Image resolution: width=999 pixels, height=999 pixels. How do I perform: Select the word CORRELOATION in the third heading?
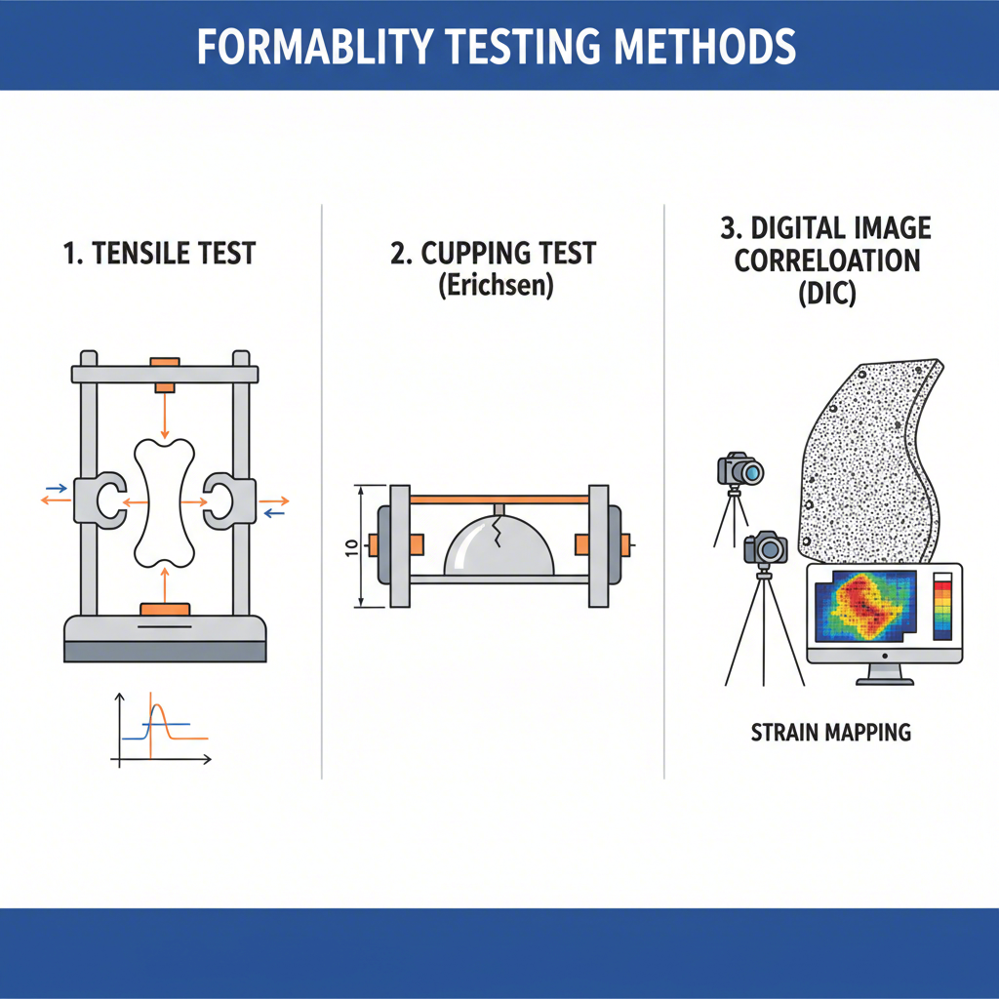pyautogui.click(x=827, y=261)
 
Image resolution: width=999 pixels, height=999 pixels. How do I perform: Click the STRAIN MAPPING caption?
pyautogui.click(x=831, y=732)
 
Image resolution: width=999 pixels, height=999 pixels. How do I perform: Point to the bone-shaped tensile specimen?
pyautogui.click(x=164, y=502)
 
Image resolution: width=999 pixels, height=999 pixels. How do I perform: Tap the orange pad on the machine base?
pyautogui.click(x=164, y=610)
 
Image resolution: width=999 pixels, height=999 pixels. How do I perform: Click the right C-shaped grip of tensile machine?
pyautogui.click(x=224, y=498)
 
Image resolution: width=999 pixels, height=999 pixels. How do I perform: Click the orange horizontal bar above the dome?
pyautogui.click(x=499, y=499)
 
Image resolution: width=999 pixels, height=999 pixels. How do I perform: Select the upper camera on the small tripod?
pyautogui.click(x=741, y=471)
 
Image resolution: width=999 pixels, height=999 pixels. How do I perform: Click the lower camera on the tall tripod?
pyautogui.click(x=767, y=548)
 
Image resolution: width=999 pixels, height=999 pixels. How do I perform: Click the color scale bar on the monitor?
pyautogui.click(x=941, y=607)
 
